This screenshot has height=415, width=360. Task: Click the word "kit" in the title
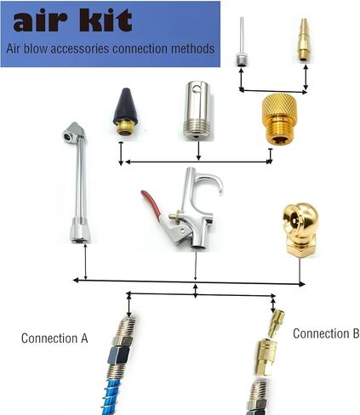point(106,20)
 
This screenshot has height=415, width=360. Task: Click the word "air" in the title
point(40,21)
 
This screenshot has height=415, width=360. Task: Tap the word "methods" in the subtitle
point(192,48)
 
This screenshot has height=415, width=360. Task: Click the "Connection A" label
point(54,338)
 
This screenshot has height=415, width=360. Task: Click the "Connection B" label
point(326,333)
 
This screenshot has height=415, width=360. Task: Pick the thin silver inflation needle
point(241,42)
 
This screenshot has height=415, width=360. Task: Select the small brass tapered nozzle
point(303,39)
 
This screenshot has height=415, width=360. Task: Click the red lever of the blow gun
point(151,202)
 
